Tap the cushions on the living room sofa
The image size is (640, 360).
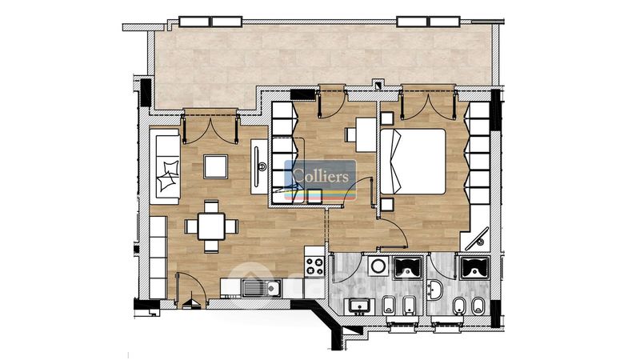(x=169, y=175)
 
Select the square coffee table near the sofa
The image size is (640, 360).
(x=215, y=166)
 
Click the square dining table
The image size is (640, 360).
(x=211, y=226)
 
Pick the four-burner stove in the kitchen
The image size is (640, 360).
(x=314, y=266)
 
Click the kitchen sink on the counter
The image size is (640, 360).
(x=262, y=288)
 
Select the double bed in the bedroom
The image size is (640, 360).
(x=413, y=162)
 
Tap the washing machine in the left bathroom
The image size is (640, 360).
(x=378, y=266)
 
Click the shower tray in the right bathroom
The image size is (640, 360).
(x=474, y=267)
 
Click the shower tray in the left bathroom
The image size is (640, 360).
(x=407, y=267)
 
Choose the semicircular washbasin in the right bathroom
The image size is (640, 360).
(x=434, y=290)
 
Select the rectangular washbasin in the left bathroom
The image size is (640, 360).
(x=359, y=306)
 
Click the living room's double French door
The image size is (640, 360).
(x=210, y=128)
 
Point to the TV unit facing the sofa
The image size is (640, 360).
(x=258, y=166)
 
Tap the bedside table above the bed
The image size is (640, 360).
(x=387, y=118)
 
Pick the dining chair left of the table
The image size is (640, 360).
(x=191, y=226)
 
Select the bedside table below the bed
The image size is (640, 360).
(x=387, y=204)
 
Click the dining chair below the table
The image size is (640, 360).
(x=211, y=246)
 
